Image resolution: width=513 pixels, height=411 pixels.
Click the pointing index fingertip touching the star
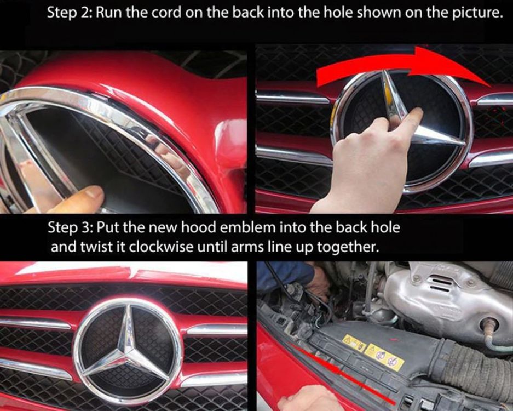(416, 113)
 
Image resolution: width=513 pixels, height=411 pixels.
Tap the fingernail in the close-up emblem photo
(94, 192)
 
